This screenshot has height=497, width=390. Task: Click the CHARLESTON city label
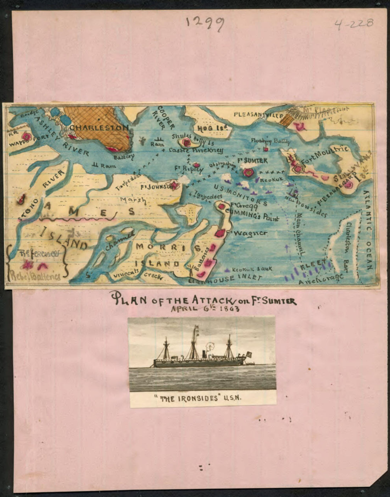click(x=99, y=127)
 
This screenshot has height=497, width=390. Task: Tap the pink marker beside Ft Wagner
click(x=221, y=233)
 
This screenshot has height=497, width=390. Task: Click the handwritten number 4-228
click(x=353, y=24)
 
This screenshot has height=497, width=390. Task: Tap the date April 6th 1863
click(x=205, y=308)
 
